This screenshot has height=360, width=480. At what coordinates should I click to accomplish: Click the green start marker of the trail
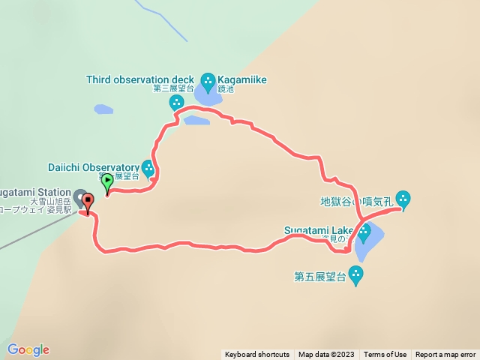107,181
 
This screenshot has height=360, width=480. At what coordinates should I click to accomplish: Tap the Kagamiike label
242,79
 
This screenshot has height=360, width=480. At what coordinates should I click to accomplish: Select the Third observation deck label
140,79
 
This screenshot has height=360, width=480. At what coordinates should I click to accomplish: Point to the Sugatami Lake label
319,229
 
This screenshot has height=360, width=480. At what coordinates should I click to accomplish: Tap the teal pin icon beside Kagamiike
208,79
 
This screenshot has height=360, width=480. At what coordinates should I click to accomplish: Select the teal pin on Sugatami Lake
364,232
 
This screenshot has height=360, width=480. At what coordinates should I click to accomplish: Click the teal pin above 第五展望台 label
357,275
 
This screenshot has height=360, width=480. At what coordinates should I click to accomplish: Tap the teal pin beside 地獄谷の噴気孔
403,199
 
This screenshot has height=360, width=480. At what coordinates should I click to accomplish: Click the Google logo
28,349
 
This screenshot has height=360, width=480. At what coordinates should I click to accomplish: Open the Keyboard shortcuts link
256,355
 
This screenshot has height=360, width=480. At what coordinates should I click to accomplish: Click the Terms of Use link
385,355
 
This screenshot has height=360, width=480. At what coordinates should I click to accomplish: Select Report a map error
445,355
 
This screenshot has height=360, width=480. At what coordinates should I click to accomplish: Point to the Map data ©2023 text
326,355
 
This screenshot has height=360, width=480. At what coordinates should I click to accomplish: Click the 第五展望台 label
319,277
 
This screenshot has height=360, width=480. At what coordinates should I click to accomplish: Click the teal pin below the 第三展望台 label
177,102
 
